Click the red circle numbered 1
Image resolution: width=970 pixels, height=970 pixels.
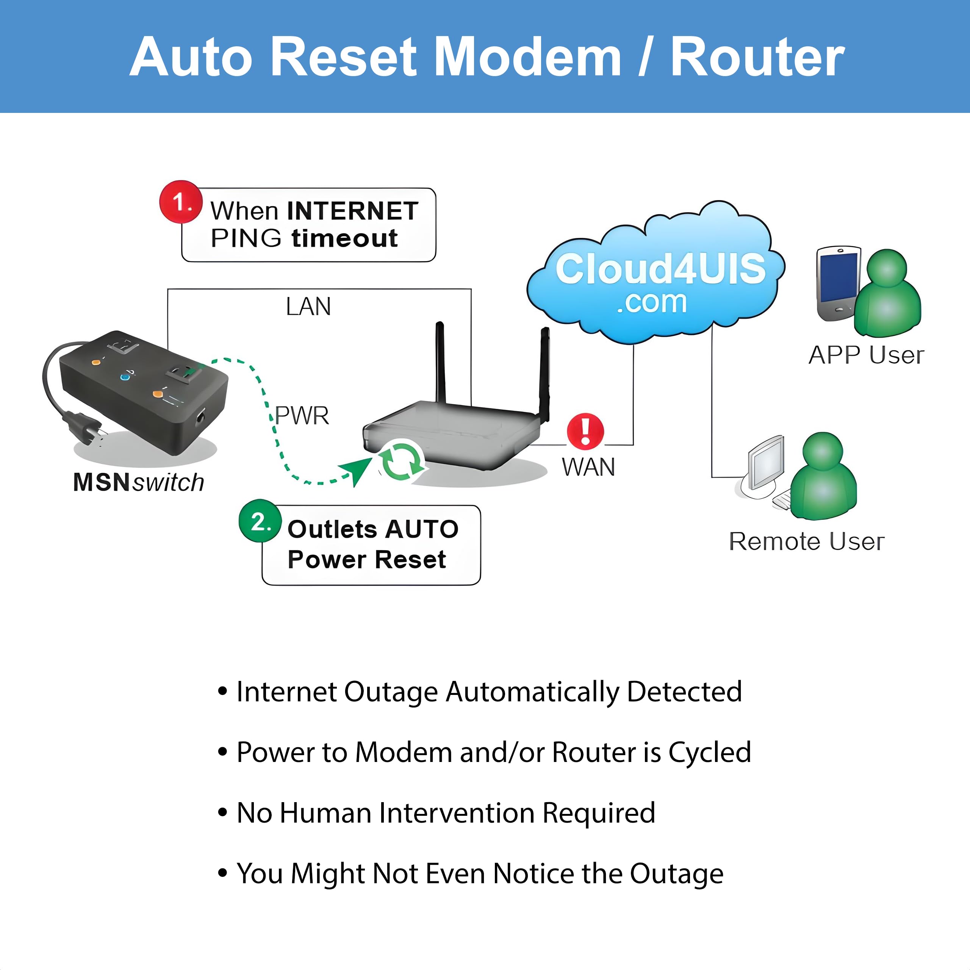pyautogui.click(x=181, y=202)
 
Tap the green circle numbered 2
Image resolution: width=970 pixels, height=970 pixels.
pyautogui.click(x=260, y=521)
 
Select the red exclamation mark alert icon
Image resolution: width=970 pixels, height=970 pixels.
pyautogui.click(x=585, y=431)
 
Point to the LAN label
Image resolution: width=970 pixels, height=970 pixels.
pyautogui.click(x=308, y=307)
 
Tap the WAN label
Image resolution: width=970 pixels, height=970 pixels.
pyautogui.click(x=588, y=468)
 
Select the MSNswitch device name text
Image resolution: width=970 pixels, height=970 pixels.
pyautogui.click(x=139, y=482)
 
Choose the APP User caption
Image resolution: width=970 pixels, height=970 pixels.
pyautogui.click(x=866, y=355)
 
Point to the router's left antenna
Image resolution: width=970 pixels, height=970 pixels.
pyautogui.click(x=440, y=361)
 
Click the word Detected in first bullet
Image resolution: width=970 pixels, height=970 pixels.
pyautogui.click(x=684, y=692)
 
